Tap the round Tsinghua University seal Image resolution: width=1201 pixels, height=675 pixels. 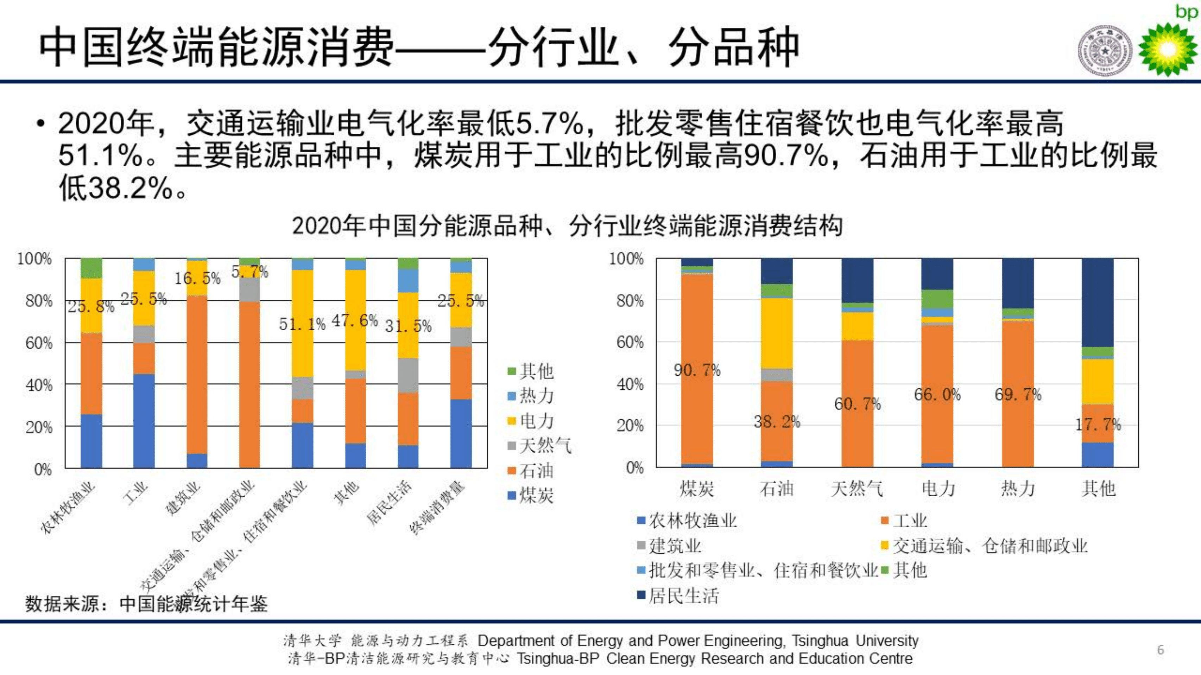point(1105,50)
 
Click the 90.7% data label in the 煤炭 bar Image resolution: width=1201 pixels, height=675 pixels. point(697,371)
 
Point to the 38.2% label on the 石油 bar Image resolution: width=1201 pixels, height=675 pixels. point(777,422)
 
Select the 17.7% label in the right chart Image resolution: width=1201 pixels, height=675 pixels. point(1098,425)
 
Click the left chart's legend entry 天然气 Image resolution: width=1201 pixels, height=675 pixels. point(539,446)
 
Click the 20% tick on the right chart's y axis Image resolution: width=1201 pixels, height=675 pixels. point(630,426)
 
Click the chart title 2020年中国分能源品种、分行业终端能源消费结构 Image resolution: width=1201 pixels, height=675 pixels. point(567,226)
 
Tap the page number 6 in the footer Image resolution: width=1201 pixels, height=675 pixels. point(1161,650)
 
